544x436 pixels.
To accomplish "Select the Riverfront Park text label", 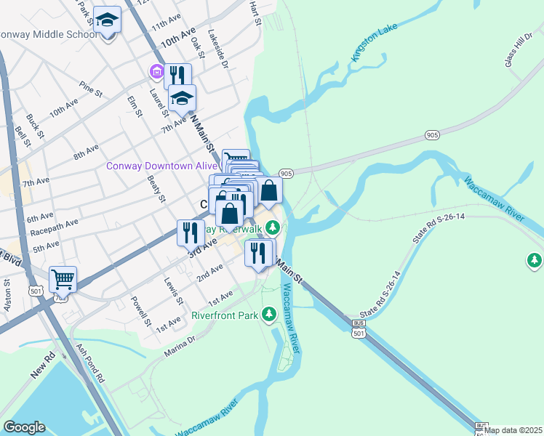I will point(225,316).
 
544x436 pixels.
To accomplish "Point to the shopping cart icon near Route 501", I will point(63,278).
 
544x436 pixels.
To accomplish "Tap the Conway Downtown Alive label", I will point(161,166).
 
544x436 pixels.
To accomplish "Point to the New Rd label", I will point(43,365).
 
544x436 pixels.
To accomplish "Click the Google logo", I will point(24,427).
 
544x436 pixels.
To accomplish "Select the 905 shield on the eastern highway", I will point(432,135).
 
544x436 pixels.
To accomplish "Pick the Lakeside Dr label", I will point(218,49).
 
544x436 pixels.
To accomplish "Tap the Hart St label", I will point(255,13).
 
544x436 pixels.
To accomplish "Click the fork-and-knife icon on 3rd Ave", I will point(188,233).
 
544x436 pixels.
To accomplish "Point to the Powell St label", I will point(140,311).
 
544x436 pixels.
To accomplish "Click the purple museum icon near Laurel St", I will point(156,72).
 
